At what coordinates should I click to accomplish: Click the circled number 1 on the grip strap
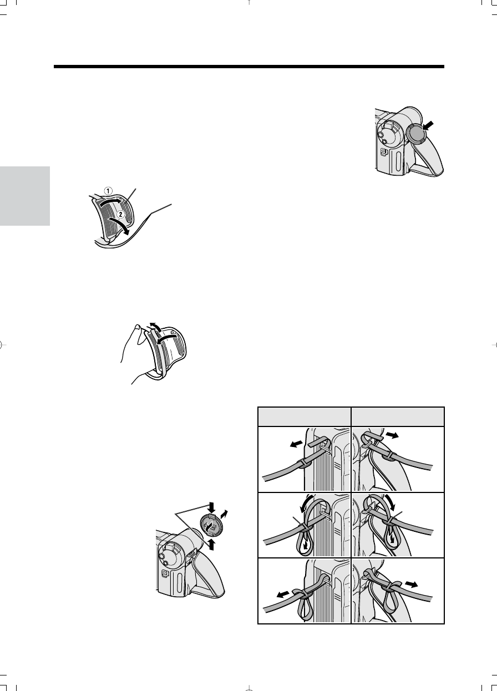coord(108,191)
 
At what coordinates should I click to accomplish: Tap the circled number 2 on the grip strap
coord(120,214)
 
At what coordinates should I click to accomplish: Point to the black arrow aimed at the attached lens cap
coord(428,125)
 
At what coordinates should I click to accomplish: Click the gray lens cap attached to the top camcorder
coord(415,134)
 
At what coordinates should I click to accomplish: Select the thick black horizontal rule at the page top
coord(249,67)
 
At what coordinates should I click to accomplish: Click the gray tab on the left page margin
coord(24,196)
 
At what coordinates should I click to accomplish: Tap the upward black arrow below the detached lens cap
coord(212,545)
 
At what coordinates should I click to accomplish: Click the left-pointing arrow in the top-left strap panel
coord(296,444)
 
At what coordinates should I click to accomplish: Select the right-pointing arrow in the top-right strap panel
coord(392,435)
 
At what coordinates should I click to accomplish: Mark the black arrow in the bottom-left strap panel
coord(283,595)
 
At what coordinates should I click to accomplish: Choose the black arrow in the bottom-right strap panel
coord(411,584)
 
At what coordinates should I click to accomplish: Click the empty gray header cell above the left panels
coord(304,416)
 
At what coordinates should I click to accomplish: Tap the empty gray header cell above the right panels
coord(398,416)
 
